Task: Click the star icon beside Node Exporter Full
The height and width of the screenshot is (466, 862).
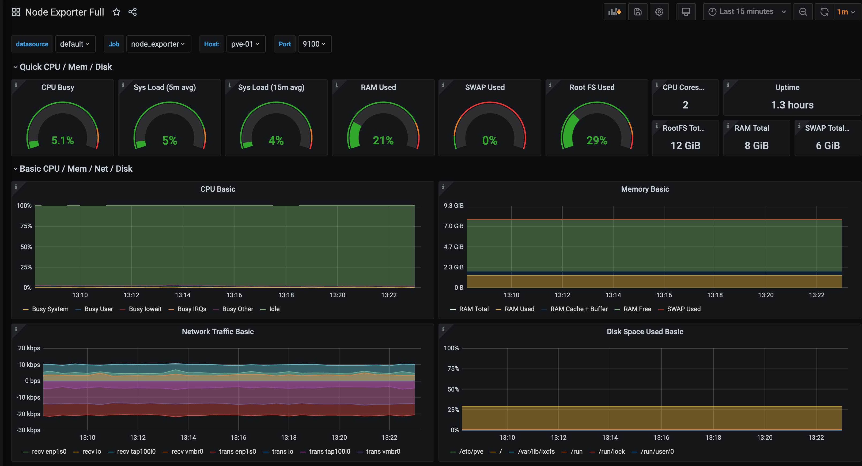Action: pyautogui.click(x=116, y=12)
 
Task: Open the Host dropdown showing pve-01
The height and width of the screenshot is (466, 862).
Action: pyautogui.click(x=245, y=44)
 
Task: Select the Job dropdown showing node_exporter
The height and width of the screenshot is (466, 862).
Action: pyautogui.click(x=158, y=44)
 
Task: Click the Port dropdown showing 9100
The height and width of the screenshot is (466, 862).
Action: pyautogui.click(x=314, y=44)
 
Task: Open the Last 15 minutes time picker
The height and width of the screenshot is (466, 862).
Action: pyautogui.click(x=747, y=12)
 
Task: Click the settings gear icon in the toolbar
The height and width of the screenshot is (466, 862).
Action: pyautogui.click(x=659, y=12)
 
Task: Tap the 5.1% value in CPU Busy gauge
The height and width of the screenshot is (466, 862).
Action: pyautogui.click(x=63, y=140)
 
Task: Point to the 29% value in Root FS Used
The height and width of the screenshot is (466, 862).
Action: pyautogui.click(x=597, y=140)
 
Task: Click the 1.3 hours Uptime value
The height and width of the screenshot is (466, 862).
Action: pyautogui.click(x=792, y=105)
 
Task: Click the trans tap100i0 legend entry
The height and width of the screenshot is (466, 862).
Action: pyautogui.click(x=329, y=451)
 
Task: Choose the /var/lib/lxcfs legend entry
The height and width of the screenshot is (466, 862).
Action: pyautogui.click(x=536, y=451)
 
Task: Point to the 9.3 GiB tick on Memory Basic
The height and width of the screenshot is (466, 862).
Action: pyautogui.click(x=453, y=206)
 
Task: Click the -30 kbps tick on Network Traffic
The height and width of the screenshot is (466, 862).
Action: pyautogui.click(x=28, y=430)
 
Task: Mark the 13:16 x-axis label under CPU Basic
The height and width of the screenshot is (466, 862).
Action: pyautogui.click(x=234, y=295)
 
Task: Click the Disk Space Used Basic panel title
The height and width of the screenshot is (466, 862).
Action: pyautogui.click(x=645, y=332)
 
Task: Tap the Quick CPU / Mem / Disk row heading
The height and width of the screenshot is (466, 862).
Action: pyautogui.click(x=66, y=67)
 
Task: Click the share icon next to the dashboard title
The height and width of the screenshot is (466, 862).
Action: pyautogui.click(x=133, y=12)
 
